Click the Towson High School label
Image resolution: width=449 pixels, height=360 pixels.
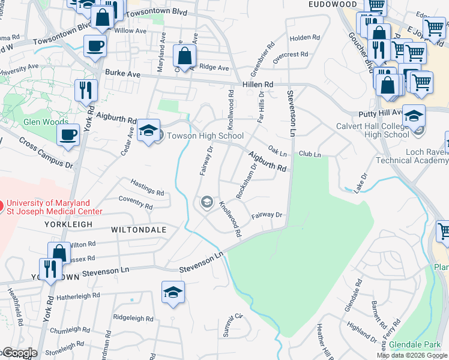[x=205, y=136]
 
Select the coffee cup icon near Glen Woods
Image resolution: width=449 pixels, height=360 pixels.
[x=68, y=134]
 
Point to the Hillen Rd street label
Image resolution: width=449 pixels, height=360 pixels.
[x=256, y=85]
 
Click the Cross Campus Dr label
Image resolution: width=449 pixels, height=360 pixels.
[x=46, y=152]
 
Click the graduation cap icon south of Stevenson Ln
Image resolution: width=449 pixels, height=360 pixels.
[x=173, y=292]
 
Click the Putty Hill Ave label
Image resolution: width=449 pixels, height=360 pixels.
[x=381, y=113]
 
